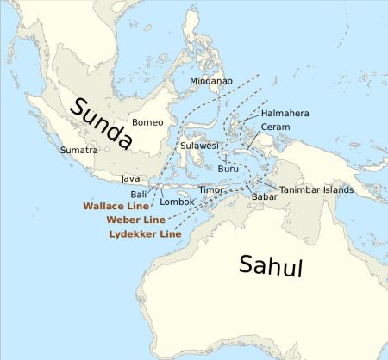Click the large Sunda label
click(x=101, y=123)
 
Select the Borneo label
click(x=147, y=122)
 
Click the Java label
click(x=130, y=178)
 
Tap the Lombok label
click(x=178, y=202)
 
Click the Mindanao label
click(x=211, y=81)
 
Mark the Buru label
click(x=228, y=169)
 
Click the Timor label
click(x=211, y=189)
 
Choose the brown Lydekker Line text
click(x=145, y=233)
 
